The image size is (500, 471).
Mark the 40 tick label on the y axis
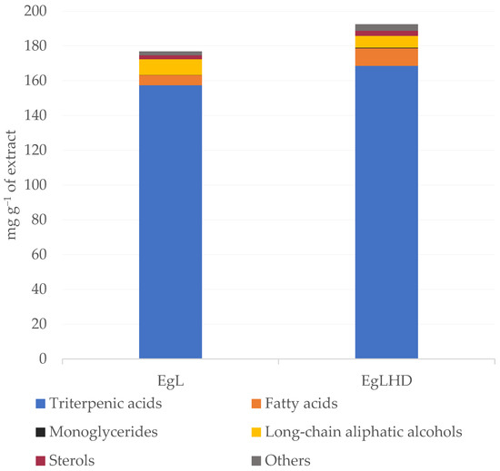click(x=41, y=289)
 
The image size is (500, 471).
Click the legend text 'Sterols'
click(x=76, y=460)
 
